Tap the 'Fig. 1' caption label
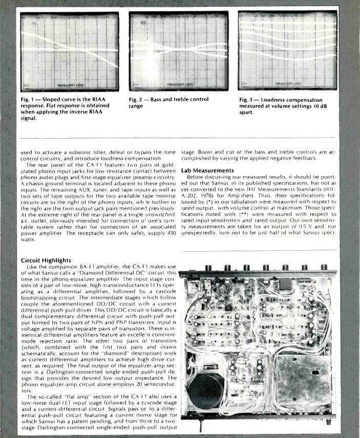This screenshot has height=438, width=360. [29, 98]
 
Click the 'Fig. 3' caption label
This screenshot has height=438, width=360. [249, 98]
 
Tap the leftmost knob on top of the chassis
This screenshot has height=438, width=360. [208, 268]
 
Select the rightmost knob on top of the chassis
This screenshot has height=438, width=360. [324, 268]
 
